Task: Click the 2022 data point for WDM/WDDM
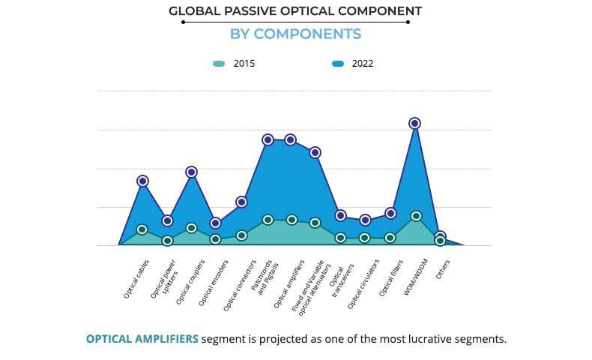[414, 123]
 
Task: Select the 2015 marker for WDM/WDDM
[416, 216]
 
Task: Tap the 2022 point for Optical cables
[142, 181]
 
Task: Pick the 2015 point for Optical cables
[142, 229]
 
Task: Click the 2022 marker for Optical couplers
[191, 172]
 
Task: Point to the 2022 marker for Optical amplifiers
[291, 139]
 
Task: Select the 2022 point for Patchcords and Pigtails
[268, 139]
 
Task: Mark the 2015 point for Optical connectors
[241, 235]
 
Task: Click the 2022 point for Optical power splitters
[168, 220]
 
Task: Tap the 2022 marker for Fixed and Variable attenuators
[315, 152]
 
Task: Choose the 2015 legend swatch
[219, 64]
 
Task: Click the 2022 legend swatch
[338, 64]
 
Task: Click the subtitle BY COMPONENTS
[295, 34]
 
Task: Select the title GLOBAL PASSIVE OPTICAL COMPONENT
[295, 11]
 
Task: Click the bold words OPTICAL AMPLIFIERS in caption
[142, 339]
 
